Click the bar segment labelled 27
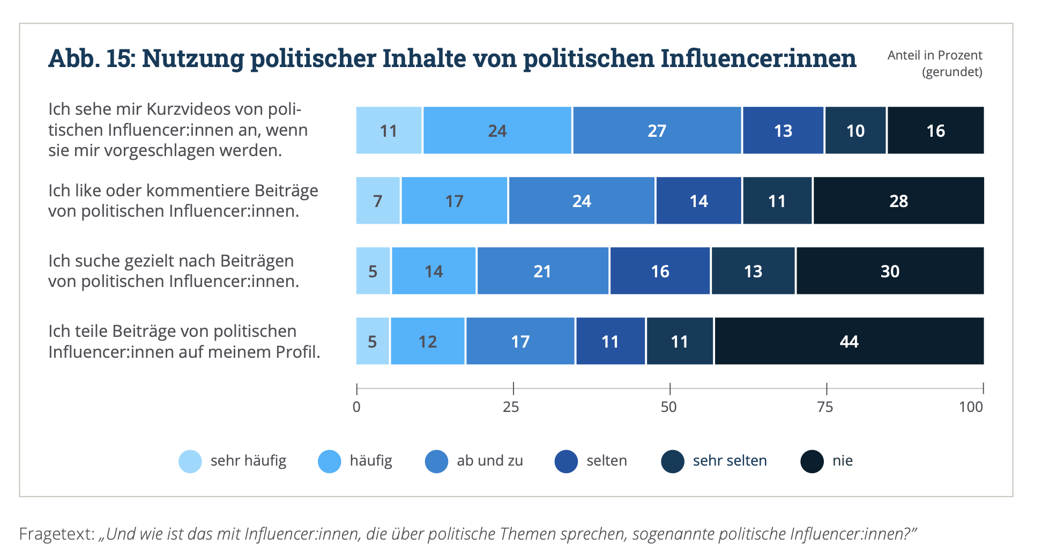click(657, 130)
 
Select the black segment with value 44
click(849, 341)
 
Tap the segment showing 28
click(898, 201)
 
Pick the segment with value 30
click(890, 271)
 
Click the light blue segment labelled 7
click(378, 201)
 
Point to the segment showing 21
click(542, 271)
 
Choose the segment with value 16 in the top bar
click(935, 130)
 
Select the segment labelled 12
click(428, 341)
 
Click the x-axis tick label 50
click(668, 407)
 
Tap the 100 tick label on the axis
click(971, 407)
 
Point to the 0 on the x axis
click(356, 407)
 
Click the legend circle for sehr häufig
click(190, 461)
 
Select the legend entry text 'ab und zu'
click(489, 461)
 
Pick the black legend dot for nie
click(812, 461)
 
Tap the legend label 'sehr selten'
click(730, 461)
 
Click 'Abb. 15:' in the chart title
click(91, 58)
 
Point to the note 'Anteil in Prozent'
click(934, 55)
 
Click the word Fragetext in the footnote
click(56, 534)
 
